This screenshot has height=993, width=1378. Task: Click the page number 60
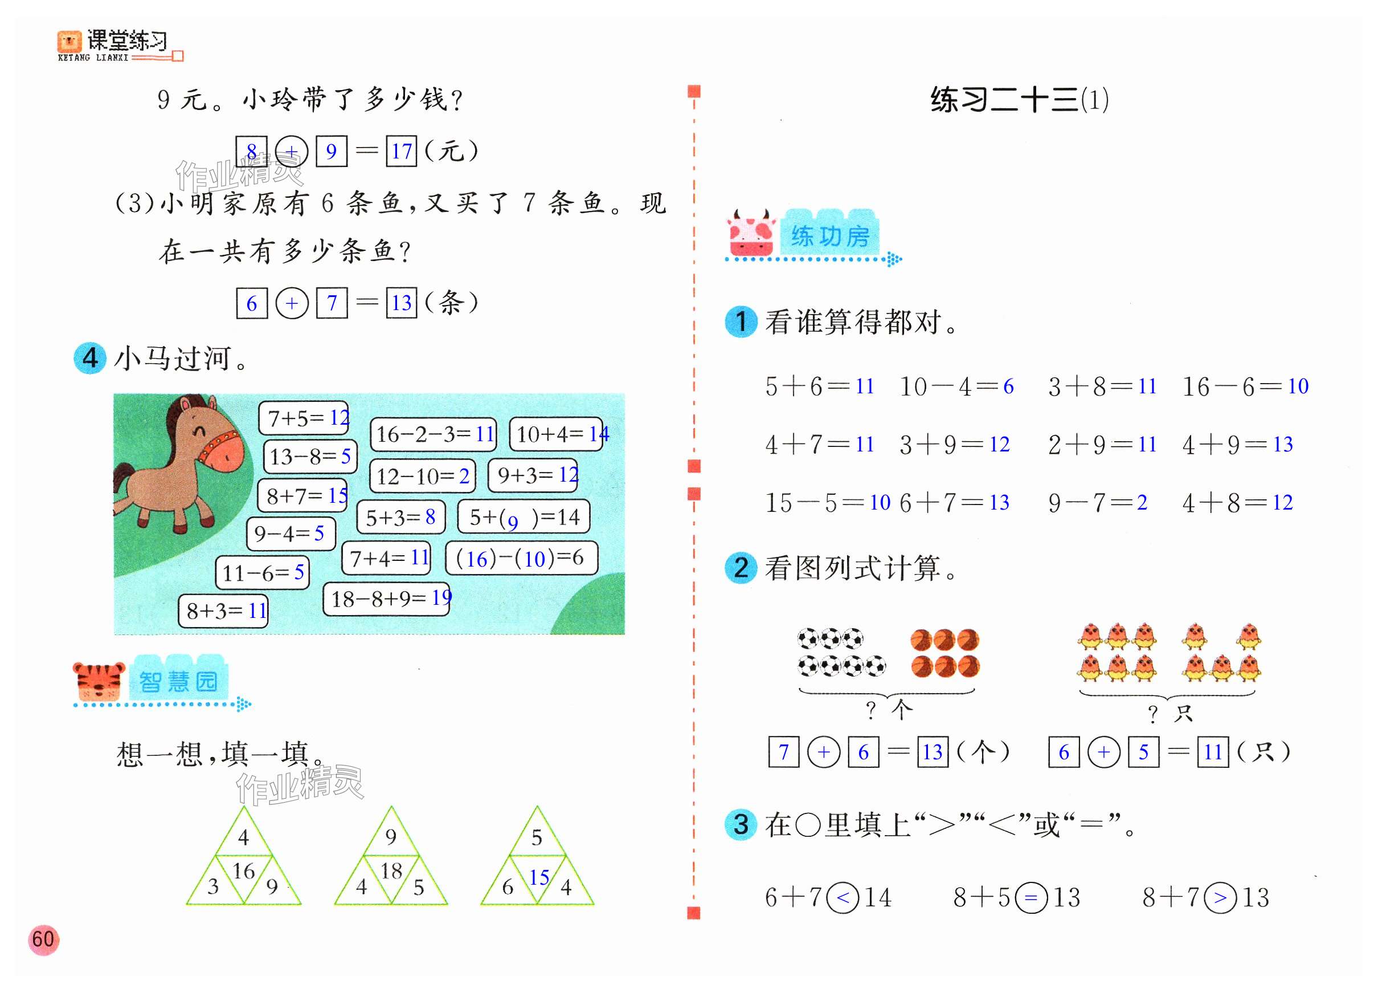click(x=43, y=939)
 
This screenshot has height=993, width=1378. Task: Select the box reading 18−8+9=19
click(x=387, y=599)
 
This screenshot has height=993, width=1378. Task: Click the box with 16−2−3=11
click(x=433, y=434)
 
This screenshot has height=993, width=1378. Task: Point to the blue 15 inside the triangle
click(x=538, y=877)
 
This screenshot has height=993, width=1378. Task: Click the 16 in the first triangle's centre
click(x=244, y=871)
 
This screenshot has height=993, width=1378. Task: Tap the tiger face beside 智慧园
click(x=98, y=681)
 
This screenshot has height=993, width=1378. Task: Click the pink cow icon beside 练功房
click(x=751, y=234)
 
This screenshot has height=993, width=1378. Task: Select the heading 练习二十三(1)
click(x=1019, y=100)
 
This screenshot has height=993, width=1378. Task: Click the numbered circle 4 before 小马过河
click(x=90, y=358)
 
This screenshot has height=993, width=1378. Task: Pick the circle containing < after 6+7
click(x=843, y=898)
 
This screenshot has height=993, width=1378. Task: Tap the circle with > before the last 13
click(x=1220, y=898)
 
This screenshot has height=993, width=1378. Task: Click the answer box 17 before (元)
click(x=402, y=151)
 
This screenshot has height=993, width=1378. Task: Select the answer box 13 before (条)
click(x=402, y=303)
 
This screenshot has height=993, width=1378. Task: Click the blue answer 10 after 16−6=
click(x=1298, y=386)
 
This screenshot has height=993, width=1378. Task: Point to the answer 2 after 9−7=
click(x=1142, y=502)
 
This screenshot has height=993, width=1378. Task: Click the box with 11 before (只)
click(x=1213, y=752)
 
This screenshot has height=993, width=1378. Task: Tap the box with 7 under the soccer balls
click(x=784, y=752)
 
